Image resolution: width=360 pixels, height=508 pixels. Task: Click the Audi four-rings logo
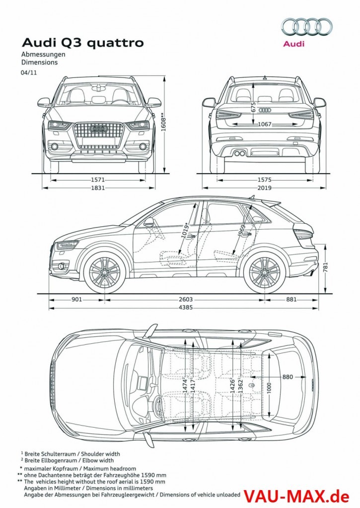tap(307, 27)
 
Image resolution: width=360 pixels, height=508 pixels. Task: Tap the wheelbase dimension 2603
tap(185, 299)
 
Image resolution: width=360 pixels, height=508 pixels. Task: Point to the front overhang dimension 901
tap(77, 299)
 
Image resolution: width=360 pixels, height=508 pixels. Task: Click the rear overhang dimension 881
tap(291, 299)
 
